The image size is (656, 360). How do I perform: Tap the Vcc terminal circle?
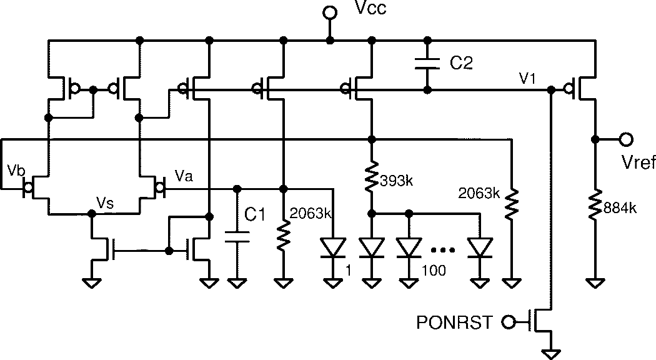(329, 12)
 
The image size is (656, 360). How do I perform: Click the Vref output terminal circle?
(625, 139)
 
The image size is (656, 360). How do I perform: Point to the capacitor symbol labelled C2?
(427, 62)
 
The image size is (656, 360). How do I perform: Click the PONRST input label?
(455, 322)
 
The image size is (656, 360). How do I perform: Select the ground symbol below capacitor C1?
(236, 283)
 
